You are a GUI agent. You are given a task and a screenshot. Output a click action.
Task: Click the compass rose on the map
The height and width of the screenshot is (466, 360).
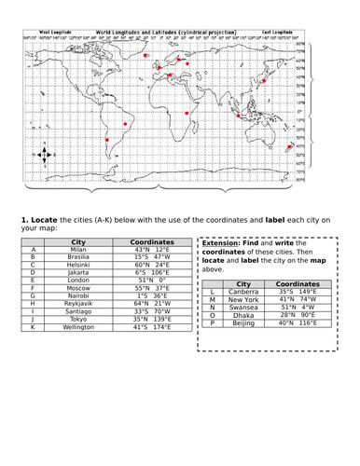(49, 154)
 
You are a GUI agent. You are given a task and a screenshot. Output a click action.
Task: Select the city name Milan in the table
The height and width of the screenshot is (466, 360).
(77, 250)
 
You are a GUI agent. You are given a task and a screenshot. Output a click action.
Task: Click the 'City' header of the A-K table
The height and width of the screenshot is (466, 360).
(77, 241)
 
